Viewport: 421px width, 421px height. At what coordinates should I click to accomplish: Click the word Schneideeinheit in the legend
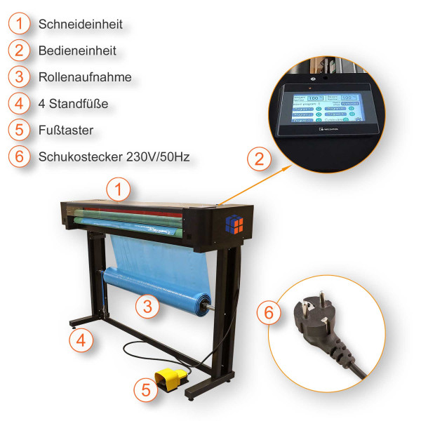pyautogui.click(x=81, y=25)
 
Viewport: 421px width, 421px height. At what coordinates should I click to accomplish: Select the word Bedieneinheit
pyautogui.click(x=77, y=51)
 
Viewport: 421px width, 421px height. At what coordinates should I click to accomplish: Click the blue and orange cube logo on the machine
pyautogui.click(x=235, y=223)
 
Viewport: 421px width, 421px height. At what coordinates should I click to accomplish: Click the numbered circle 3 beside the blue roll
pyautogui.click(x=147, y=306)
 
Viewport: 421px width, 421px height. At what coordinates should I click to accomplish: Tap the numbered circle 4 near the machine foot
pyautogui.click(x=81, y=341)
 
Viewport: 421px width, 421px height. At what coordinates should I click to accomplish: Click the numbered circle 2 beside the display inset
pyautogui.click(x=259, y=159)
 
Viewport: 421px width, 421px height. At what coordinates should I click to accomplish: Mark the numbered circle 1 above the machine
pyautogui.click(x=119, y=189)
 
